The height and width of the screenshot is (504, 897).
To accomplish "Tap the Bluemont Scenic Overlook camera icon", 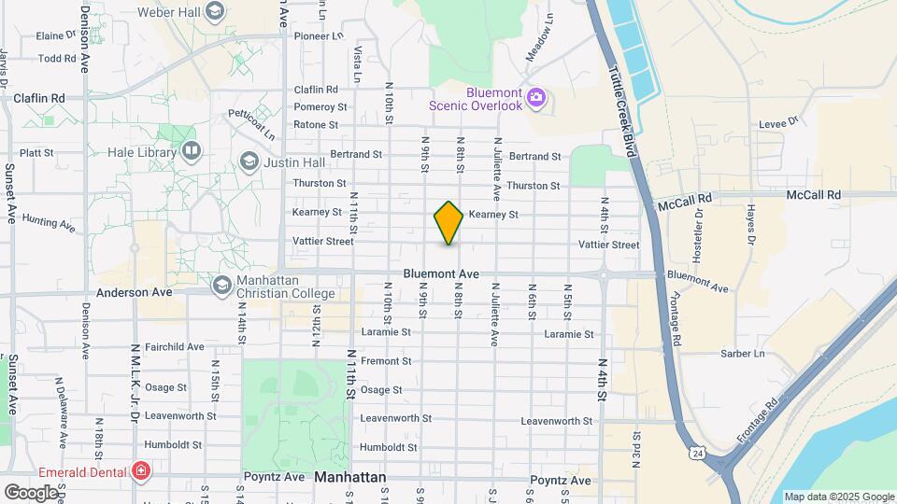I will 536,96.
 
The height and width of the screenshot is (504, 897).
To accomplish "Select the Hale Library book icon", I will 192,150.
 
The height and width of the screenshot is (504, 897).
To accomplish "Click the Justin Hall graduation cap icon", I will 249,161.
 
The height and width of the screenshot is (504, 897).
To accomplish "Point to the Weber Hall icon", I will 215,12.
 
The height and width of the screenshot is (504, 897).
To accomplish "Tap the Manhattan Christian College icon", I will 222,284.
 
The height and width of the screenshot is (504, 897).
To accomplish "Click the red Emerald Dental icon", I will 141,472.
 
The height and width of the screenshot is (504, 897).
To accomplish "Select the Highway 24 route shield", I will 697,454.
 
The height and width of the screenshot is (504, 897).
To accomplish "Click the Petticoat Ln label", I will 256,125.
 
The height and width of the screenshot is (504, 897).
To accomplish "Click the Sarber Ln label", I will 742,354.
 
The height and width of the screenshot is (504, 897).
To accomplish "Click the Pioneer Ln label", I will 319,36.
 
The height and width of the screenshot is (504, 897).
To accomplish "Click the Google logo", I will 32,492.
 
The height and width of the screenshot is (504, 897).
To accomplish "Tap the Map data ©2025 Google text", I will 838,497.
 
